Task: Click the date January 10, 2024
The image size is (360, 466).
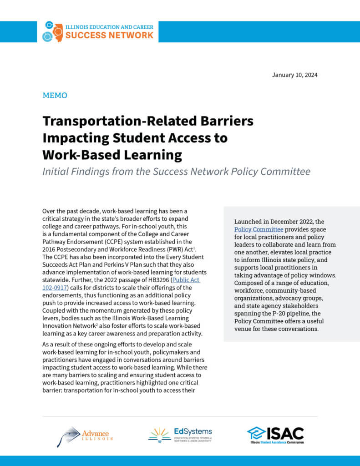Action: pyautogui.click(x=294, y=75)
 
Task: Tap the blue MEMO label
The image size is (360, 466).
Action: pyautogui.click(x=55, y=96)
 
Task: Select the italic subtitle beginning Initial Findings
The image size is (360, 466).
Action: pyautogui.click(x=177, y=172)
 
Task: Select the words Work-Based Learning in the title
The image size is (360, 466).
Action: pyautogui.click(x=112, y=155)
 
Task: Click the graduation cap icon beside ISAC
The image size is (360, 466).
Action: pyautogui.click(x=256, y=433)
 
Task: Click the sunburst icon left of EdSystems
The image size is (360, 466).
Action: pyautogui.click(x=159, y=435)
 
